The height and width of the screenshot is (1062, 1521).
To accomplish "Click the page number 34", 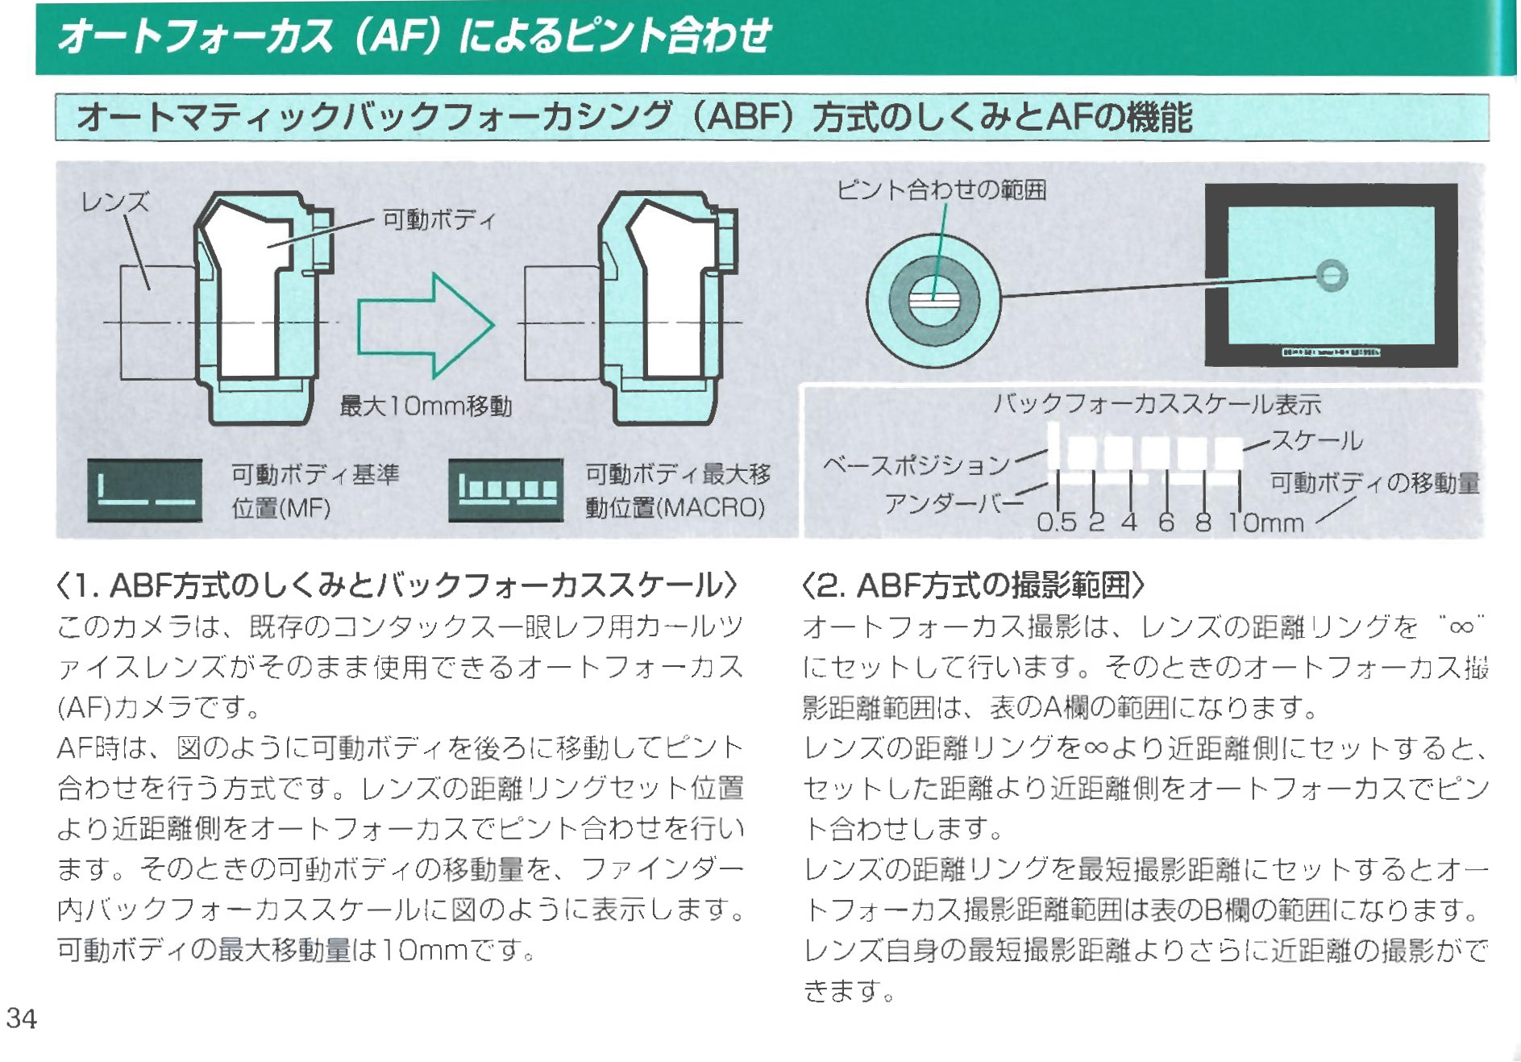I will click(x=22, y=1018).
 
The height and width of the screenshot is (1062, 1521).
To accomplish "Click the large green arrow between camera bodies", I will click(x=425, y=326).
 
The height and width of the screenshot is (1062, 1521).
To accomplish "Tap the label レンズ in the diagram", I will click(x=115, y=202).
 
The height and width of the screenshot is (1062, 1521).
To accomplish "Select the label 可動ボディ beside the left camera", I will click(x=438, y=219).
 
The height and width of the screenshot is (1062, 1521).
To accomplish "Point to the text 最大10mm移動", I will click(x=426, y=406).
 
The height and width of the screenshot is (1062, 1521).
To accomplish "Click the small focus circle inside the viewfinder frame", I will click(x=1332, y=276).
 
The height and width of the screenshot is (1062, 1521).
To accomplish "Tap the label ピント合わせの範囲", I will click(x=941, y=190).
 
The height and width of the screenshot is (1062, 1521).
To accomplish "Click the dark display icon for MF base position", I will click(x=145, y=490).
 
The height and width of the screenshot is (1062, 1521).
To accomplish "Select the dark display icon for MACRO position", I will click(x=506, y=490).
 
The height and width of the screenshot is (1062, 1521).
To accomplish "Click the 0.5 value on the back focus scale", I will click(x=1056, y=523).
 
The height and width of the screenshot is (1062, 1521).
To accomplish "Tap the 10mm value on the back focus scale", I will click(x=1265, y=523).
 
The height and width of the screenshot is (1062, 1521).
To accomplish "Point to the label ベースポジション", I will click(x=916, y=465).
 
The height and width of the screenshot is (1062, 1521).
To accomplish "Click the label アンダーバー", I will click(x=953, y=504).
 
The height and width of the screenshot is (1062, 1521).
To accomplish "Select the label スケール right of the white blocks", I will click(x=1317, y=440).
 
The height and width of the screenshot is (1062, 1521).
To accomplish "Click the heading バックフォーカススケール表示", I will click(x=1157, y=404).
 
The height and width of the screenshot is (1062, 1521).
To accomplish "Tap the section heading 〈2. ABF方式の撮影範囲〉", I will click(x=973, y=585).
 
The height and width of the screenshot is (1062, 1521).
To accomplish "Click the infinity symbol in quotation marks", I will click(x=1461, y=627).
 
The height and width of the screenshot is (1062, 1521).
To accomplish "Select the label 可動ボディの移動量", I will click(x=1375, y=483).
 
